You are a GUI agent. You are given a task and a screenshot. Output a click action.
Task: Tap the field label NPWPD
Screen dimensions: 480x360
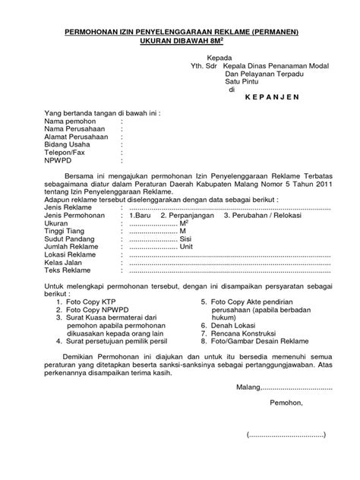(58, 160)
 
